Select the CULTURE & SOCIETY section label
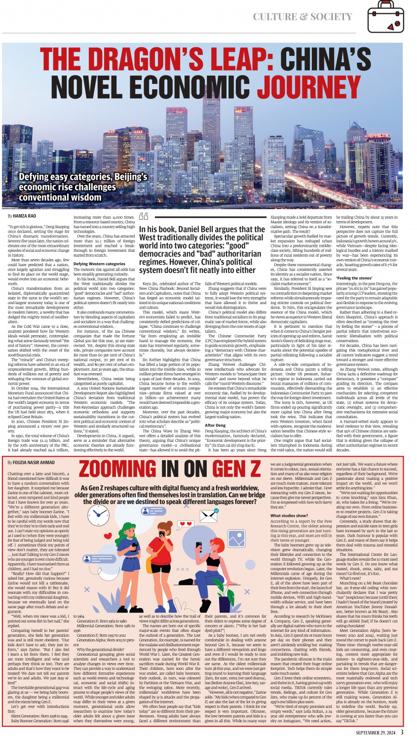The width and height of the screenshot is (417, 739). pyautogui.click(x=302, y=17)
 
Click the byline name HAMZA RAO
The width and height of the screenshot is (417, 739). pyautogui.click(x=25, y=216)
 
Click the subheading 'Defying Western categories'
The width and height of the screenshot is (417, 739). pyautogui.click(x=99, y=264)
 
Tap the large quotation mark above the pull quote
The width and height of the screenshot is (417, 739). pyautogui.click(x=144, y=217)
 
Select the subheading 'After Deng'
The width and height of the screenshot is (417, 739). pyautogui.click(x=215, y=425)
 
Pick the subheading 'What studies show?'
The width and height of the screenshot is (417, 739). pyautogui.click(x=289, y=515)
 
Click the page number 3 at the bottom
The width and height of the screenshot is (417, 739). pyautogui.click(x=402, y=732)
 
